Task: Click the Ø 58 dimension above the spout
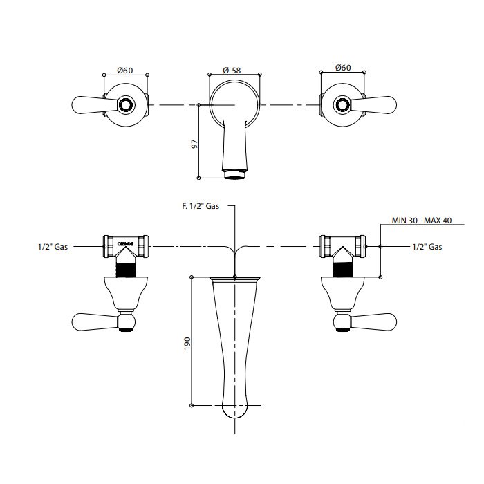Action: [x=232, y=71]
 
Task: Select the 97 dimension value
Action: [x=194, y=144]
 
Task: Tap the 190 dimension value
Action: [x=187, y=343]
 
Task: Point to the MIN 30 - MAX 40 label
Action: [x=422, y=221]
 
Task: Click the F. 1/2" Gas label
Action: [x=201, y=206]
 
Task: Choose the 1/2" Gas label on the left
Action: [x=53, y=247]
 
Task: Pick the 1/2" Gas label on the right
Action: [x=427, y=247]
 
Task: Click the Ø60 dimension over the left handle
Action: [x=125, y=71]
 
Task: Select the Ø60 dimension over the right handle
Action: [x=343, y=67]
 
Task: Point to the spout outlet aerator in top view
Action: [x=235, y=174]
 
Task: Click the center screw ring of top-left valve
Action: [x=126, y=104]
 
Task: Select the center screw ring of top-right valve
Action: [x=343, y=104]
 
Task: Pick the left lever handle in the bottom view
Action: [x=95, y=322]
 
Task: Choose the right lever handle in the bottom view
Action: [x=373, y=322]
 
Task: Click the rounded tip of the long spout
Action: [x=235, y=411]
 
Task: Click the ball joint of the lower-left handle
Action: [x=126, y=322]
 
